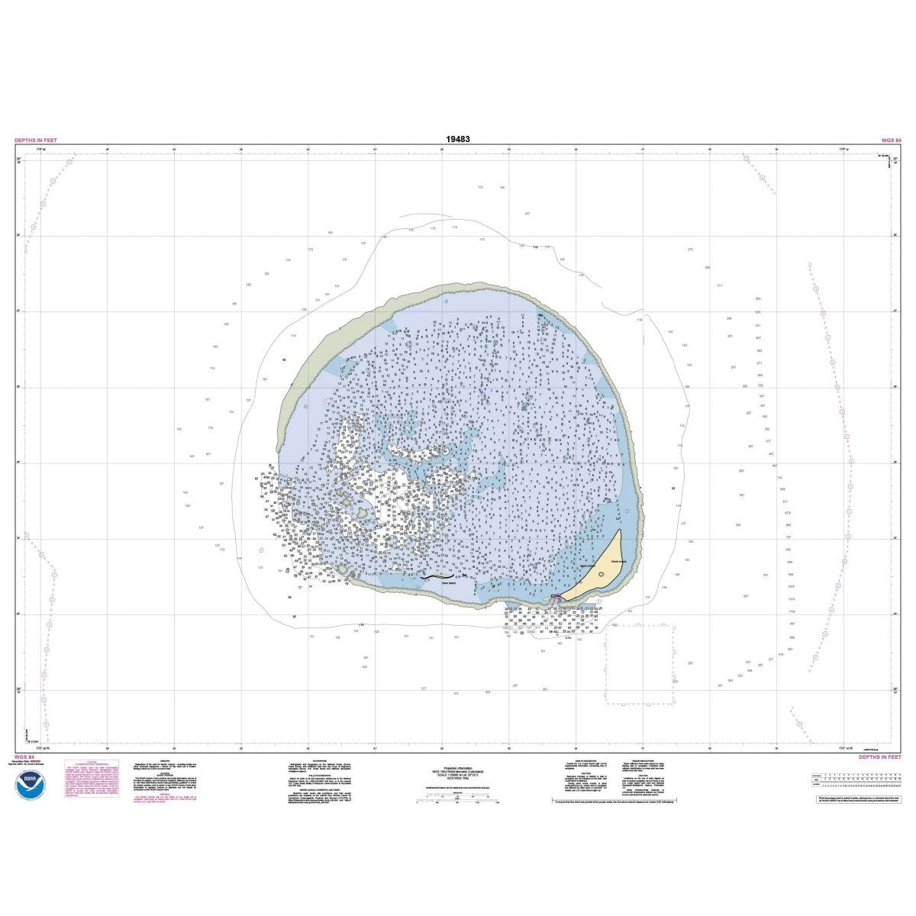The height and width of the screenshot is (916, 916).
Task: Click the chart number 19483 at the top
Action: point(458,140)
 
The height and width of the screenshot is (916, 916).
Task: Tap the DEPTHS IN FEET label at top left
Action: point(36,140)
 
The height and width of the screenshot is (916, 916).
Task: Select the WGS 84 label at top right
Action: point(889,140)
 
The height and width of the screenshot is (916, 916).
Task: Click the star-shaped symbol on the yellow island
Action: point(602,574)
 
